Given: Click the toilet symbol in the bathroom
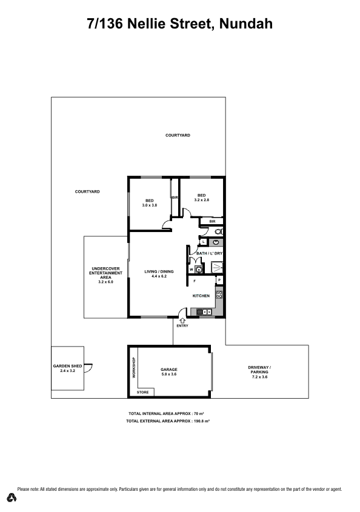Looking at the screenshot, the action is (219, 231).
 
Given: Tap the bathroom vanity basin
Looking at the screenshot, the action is (216, 242).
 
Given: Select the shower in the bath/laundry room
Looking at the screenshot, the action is (217, 267).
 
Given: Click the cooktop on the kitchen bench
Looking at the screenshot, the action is (219, 295).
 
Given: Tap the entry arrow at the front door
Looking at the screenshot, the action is (182, 321).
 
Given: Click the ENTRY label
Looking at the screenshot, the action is (182, 325).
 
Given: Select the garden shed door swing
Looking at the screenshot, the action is (88, 368).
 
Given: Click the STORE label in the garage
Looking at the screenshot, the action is (143, 392).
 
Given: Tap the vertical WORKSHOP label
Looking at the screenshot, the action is (133, 368).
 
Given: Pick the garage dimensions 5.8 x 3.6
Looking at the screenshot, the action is (169, 374).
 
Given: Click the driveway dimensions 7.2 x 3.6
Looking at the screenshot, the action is (260, 377).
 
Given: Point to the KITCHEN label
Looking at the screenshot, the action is (201, 296).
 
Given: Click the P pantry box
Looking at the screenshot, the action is (219, 280).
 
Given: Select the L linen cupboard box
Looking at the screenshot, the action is (203, 242).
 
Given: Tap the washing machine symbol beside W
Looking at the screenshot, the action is (198, 270).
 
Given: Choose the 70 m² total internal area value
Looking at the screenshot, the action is (199, 413).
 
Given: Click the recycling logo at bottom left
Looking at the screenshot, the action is (12, 497).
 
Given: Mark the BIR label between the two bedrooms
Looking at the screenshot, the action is (175, 198).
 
